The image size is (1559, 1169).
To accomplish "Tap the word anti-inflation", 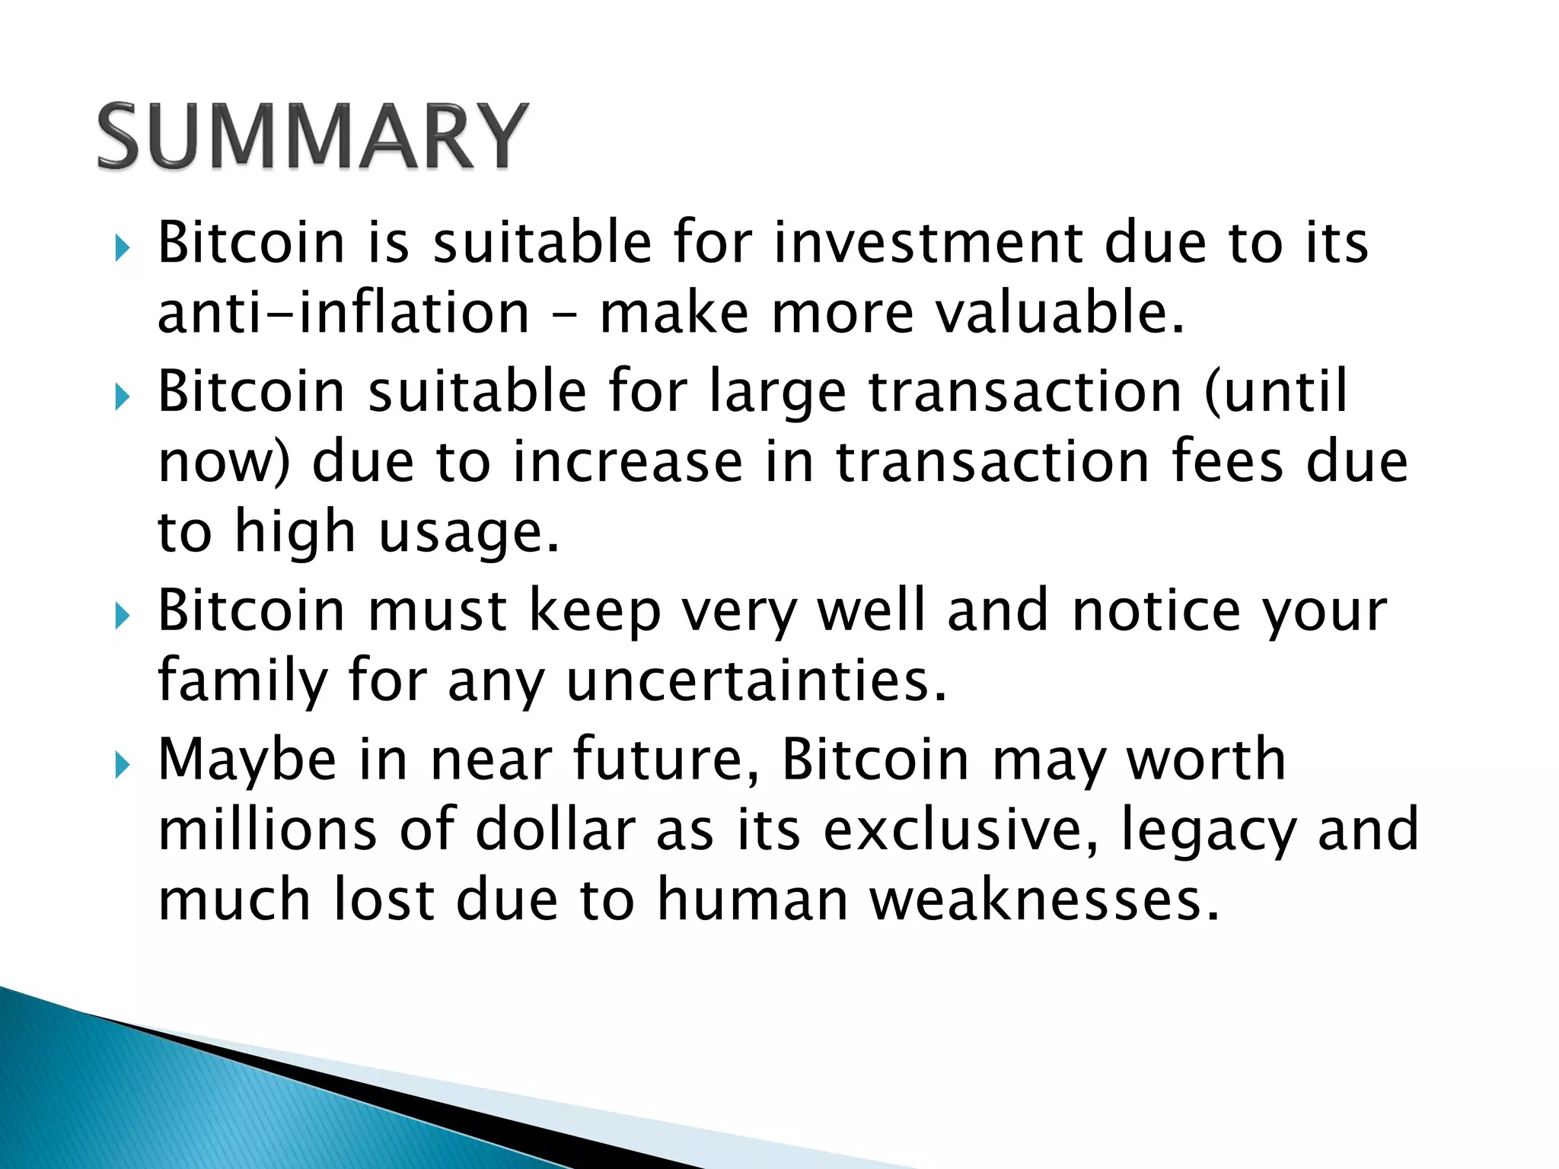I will pyautogui.click(x=343, y=314).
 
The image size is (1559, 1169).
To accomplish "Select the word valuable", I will pyautogui.click(x=1060, y=314).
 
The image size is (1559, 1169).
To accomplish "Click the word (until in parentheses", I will pyautogui.click(x=1276, y=391).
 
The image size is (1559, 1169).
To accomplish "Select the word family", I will pyautogui.click(x=242, y=680).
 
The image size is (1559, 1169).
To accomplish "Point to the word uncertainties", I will pyautogui.click(x=757, y=680).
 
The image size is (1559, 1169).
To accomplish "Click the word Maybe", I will pyautogui.click(x=247, y=760).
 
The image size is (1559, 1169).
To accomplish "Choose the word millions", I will pyautogui.click(x=266, y=830).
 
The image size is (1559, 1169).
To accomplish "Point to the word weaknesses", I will pyautogui.click(x=1044, y=900).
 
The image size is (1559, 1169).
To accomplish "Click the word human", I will pyautogui.click(x=752, y=900).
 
